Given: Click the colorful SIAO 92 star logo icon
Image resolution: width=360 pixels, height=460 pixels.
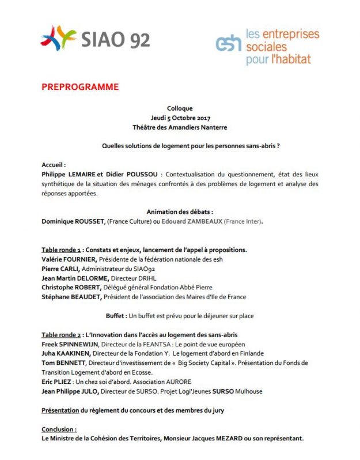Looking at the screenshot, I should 58,38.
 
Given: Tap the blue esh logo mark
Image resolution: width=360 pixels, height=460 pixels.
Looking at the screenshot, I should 229,43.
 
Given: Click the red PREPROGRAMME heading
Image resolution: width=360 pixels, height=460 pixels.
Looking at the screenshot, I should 80,87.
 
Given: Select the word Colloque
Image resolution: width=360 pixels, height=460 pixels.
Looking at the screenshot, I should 180,108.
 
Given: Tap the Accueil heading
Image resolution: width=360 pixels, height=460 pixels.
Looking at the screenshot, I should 54,164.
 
